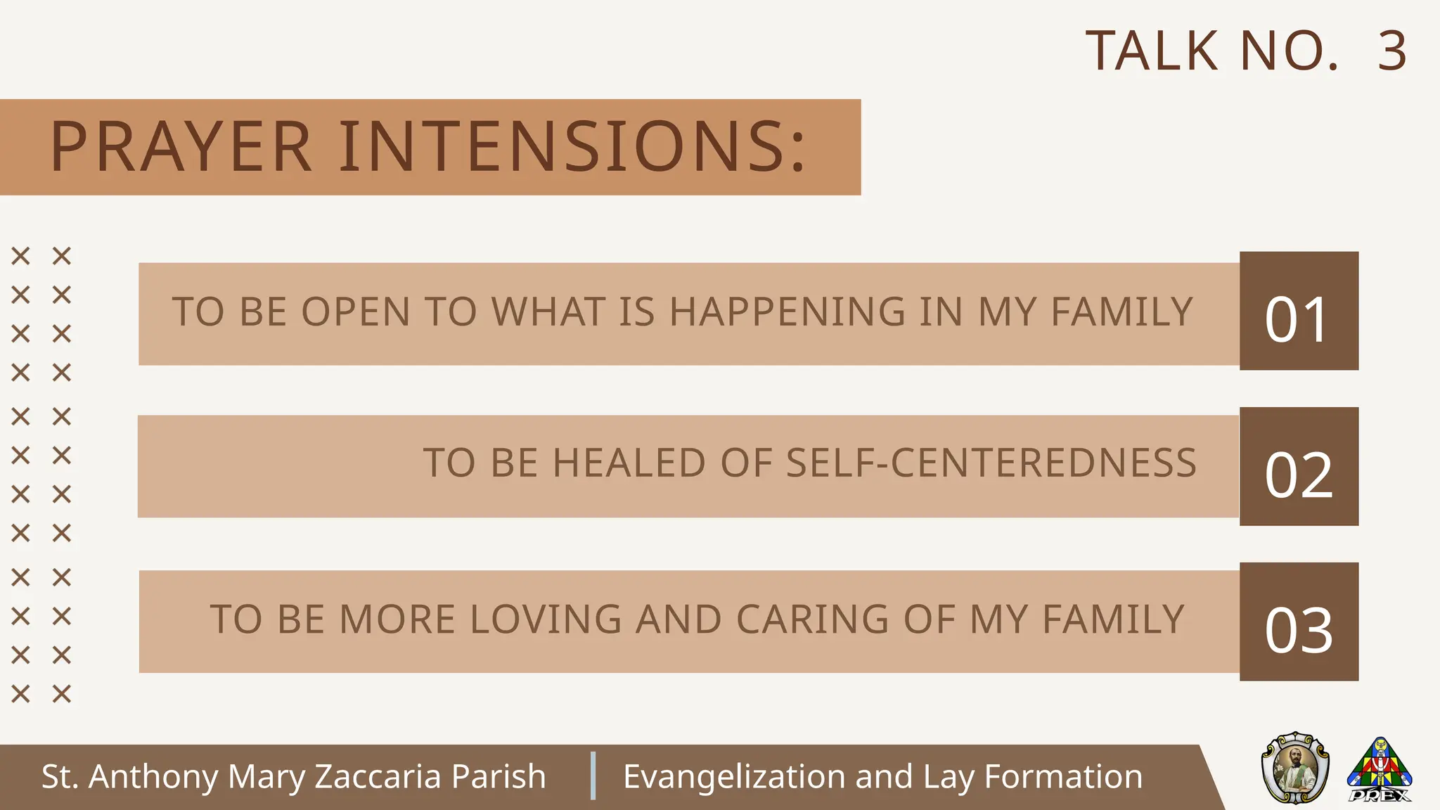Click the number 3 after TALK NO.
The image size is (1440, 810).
tap(1392, 51)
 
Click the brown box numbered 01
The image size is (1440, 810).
tap(1299, 311)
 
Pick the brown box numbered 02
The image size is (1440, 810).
tap(1299, 466)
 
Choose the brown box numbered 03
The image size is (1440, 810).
tap(1299, 622)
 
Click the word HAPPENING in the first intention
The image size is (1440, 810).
tap(787, 312)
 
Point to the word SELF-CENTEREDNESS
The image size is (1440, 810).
tap(991, 463)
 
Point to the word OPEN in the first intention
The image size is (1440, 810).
tap(356, 312)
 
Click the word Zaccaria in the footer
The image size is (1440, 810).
tap(378, 777)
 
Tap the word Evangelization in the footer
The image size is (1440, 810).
tap(734, 777)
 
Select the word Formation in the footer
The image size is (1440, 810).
tap(1063, 777)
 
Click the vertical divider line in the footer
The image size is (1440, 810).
tap(593, 776)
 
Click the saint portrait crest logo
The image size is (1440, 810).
tap(1295, 768)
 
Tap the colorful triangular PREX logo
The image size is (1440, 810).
tap(1380, 769)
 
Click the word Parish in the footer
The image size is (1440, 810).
tap(499, 777)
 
